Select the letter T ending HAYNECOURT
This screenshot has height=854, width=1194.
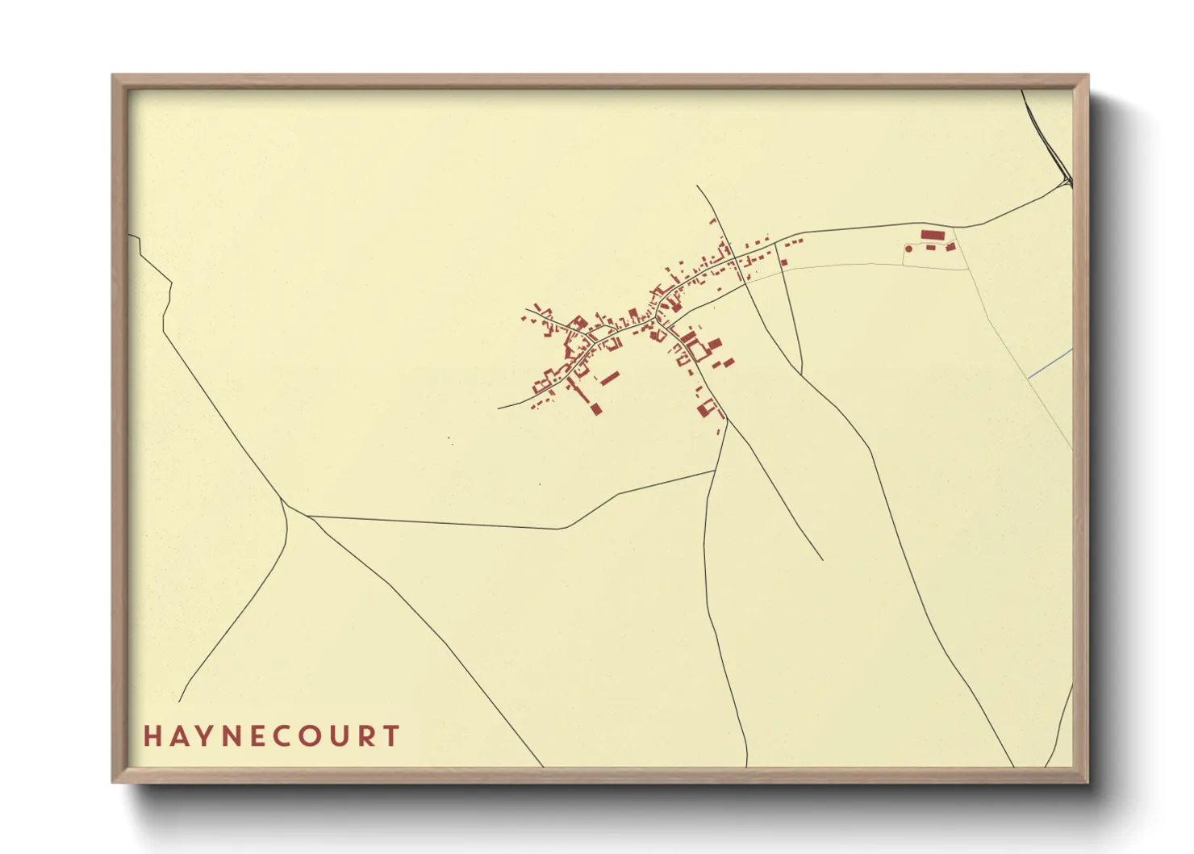tap(392, 736)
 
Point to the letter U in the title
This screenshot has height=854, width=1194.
tap(341, 736)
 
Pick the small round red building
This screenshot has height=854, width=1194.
tap(909, 249)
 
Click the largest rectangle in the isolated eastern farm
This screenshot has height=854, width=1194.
tap(933, 235)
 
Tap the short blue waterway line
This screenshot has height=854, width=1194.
tap(1050, 362)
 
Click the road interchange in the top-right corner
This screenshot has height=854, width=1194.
tap(1067, 181)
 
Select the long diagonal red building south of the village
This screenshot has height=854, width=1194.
tap(610, 377)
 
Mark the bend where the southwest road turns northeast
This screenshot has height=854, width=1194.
tap(562, 529)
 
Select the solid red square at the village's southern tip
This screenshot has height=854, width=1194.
tap(596, 409)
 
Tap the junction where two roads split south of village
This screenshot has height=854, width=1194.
tap(726, 420)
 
